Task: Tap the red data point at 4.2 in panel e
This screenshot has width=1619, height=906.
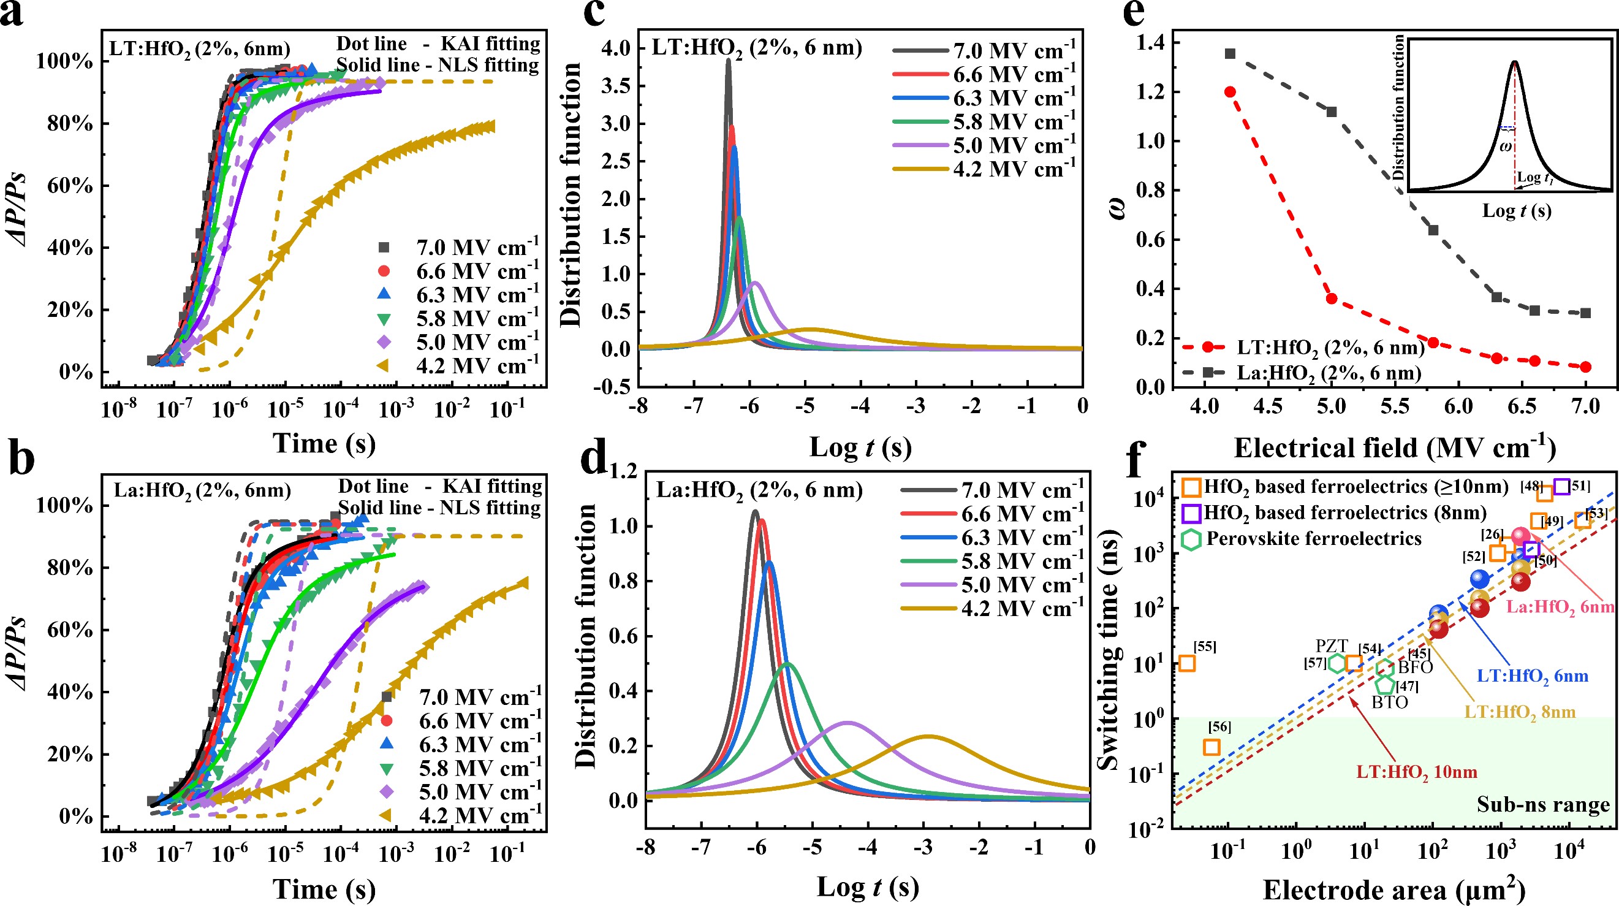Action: coord(1230,92)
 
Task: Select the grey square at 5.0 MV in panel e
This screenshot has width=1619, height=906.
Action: coord(1331,112)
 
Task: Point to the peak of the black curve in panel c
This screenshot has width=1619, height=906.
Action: coord(729,60)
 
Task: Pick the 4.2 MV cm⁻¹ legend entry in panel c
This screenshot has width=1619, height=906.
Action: coord(984,169)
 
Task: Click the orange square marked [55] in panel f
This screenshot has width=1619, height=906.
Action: coord(1186,663)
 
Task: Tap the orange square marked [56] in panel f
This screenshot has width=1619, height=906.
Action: coord(1211,747)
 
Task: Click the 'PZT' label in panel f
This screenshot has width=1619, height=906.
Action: coord(1332,645)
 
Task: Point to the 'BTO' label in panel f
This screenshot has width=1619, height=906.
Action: coord(1390,702)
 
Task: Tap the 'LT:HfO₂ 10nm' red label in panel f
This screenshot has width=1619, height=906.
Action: coord(1417,772)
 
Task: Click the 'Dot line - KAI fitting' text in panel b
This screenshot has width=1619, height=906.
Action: coord(440,486)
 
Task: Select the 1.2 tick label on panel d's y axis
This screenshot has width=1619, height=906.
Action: coord(623,471)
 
